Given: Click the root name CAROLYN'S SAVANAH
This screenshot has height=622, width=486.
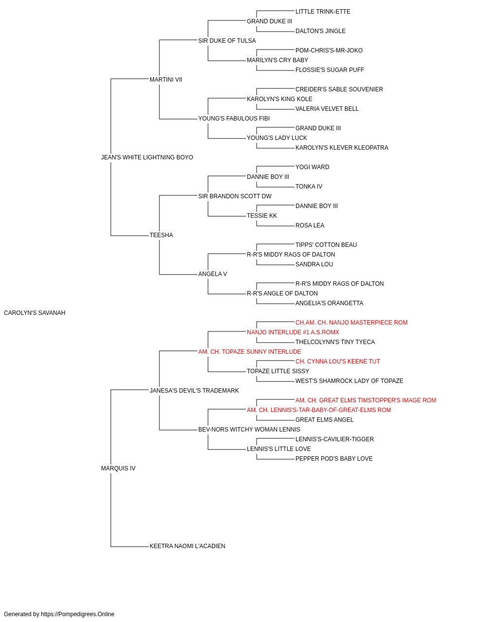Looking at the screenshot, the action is tap(35, 313).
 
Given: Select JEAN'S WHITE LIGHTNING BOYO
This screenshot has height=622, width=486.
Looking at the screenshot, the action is tap(147, 157).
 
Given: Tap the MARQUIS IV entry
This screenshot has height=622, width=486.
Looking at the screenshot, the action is tap(118, 468).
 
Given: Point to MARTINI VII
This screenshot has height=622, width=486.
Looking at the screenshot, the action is tap(166, 80).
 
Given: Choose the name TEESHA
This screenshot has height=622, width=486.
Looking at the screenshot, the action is tap(161, 235).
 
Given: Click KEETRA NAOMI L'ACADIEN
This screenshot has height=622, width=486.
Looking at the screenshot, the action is tap(188, 546).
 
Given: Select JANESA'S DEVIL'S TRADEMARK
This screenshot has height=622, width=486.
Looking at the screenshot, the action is tap(194, 391).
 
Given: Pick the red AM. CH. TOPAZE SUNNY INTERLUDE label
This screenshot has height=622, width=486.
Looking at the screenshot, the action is tap(250, 352).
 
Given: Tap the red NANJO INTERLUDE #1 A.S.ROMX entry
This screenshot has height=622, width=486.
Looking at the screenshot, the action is tap(293, 332).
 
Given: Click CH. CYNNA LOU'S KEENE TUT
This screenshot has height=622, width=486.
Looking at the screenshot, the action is tap(338, 362).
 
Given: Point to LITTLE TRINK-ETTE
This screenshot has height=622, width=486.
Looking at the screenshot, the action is tap(323, 12).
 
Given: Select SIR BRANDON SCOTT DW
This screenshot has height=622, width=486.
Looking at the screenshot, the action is tap(235, 196).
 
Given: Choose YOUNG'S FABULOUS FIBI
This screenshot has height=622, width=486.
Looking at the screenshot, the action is tap(234, 119).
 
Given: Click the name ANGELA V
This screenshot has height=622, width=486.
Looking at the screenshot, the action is tap(213, 274).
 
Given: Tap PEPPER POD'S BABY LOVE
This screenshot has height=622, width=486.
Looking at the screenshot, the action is tap(334, 459).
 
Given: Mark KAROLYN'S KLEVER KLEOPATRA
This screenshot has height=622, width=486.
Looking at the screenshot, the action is tap(342, 148).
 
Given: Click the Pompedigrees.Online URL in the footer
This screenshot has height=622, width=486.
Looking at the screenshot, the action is tap(78, 614).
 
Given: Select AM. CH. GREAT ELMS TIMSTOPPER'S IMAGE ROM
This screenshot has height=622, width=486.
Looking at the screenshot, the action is tap(366, 400).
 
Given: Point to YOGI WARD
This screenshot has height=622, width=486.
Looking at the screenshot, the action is tap(312, 167).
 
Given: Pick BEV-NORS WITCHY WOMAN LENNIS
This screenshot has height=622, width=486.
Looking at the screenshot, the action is tap(249, 430).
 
